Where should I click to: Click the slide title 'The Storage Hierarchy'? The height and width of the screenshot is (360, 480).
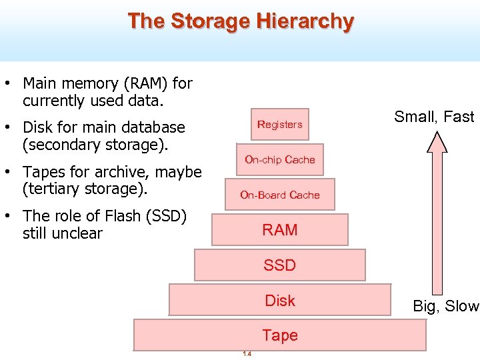click(x=241, y=21)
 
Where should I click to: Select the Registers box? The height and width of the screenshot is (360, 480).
click(x=280, y=125)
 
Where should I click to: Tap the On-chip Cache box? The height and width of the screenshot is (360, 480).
click(x=280, y=160)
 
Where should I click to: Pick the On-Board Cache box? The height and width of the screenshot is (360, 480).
click(x=280, y=195)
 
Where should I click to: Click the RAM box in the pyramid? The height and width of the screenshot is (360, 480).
click(x=280, y=230)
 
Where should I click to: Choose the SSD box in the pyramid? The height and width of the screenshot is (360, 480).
click(x=280, y=265)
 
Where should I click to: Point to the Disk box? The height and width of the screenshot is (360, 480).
click(x=280, y=301)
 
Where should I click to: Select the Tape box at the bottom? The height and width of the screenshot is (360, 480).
click(x=280, y=335)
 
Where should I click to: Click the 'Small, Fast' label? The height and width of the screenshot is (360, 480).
click(x=434, y=117)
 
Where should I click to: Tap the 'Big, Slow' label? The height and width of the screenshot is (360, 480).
click(x=445, y=307)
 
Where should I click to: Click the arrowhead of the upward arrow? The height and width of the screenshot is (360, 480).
click(x=437, y=142)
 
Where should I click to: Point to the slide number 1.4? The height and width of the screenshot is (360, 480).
click(x=247, y=354)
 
